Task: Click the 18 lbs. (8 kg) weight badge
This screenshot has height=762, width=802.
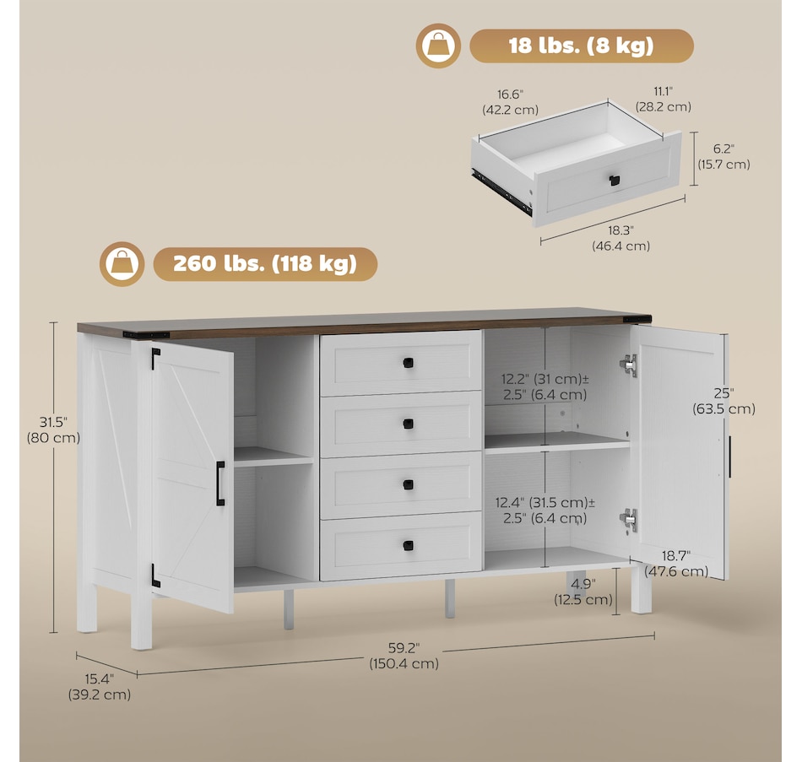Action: pyautogui.click(x=582, y=46)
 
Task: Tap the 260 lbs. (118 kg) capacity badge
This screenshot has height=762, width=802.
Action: pyautogui.click(x=265, y=264)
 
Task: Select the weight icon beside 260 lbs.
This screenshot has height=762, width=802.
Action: pyautogui.click(x=122, y=264)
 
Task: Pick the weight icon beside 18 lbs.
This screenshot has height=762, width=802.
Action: pyautogui.click(x=438, y=46)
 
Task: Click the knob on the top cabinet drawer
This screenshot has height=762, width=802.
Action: pyautogui.click(x=408, y=363)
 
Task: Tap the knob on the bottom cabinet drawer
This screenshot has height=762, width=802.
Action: pyautogui.click(x=408, y=546)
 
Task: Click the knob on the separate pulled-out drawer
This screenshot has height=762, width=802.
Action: pyautogui.click(x=615, y=180)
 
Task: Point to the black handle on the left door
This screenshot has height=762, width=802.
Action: pyautogui.click(x=220, y=484)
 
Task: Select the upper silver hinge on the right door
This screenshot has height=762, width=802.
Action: pyautogui.click(x=629, y=365)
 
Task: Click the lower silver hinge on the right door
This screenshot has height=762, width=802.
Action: pyautogui.click(x=629, y=520)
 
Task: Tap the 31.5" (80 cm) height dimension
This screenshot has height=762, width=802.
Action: pyautogui.click(x=54, y=430)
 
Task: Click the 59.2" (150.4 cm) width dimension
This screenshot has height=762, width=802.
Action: pyautogui.click(x=404, y=656)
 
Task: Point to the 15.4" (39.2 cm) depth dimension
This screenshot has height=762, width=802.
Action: pyautogui.click(x=100, y=687)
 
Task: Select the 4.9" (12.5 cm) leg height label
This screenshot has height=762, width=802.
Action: pyautogui.click(x=583, y=592)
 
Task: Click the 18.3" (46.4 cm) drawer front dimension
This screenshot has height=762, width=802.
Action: pyautogui.click(x=621, y=238)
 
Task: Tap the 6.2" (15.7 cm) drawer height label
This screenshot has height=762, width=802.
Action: pyautogui.click(x=723, y=156)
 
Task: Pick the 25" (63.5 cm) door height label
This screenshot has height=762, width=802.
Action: pyautogui.click(x=723, y=401)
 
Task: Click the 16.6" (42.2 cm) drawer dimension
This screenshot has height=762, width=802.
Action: pyautogui.click(x=511, y=102)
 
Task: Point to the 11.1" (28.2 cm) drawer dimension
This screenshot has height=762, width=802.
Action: pyautogui.click(x=664, y=100)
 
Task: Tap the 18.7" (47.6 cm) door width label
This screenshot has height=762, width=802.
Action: pyautogui.click(x=676, y=564)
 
